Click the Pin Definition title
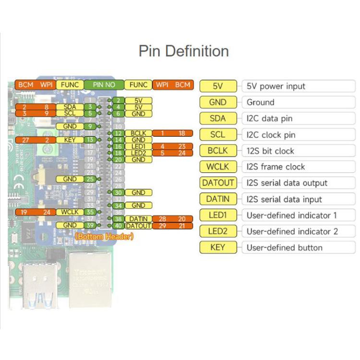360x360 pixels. pyautogui.click(x=183, y=51)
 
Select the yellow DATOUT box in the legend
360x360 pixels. pyautogui.click(x=218, y=183)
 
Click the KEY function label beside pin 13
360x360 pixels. pyautogui.click(x=70, y=140)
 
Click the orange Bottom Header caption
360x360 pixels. pyautogui.click(x=104, y=236)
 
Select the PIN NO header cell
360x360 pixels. pyautogui.click(x=104, y=84)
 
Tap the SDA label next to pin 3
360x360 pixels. pyautogui.click(x=70, y=107)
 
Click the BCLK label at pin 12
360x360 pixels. pyautogui.click(x=138, y=133)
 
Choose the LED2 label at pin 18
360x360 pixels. pyautogui.click(x=138, y=153)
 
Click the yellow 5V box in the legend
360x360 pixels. pyautogui.click(x=218, y=86)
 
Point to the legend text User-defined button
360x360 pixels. pyautogui.click(x=285, y=248)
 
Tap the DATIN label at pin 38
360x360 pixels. pyautogui.click(x=138, y=219)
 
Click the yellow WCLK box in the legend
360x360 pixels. pyautogui.click(x=218, y=167)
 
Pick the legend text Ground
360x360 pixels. pyautogui.click(x=261, y=102)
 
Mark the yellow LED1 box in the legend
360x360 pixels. pyautogui.click(x=218, y=215)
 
